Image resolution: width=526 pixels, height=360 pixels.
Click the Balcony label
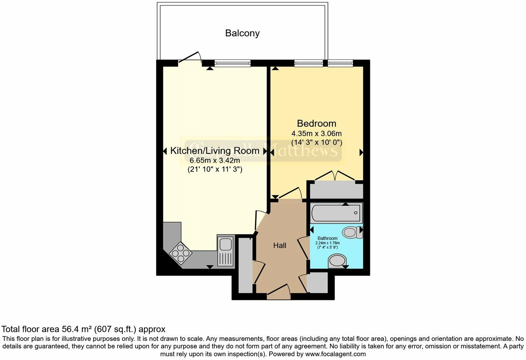(x=242, y=33)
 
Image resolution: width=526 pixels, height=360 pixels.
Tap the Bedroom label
(x=317, y=123)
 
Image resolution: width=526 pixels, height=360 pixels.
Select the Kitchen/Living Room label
(x=215, y=151)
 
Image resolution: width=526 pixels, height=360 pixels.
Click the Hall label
(x=280, y=245)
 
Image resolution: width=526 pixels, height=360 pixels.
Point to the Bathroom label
(x=327, y=238)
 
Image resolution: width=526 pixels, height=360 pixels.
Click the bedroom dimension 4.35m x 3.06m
(x=317, y=134)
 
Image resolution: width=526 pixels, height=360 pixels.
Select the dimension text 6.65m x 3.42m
(x=215, y=160)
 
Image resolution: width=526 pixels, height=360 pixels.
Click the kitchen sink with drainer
(x=226, y=251)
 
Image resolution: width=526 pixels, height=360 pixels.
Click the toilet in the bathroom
(x=352, y=231)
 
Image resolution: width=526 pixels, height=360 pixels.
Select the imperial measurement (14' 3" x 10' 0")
(x=317, y=142)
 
